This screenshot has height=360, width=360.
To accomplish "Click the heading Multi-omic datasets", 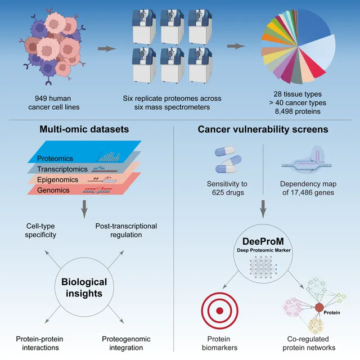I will pyautogui.click(x=84, y=129).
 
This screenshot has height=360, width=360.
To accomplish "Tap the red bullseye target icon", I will pyautogui.click(x=220, y=310).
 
